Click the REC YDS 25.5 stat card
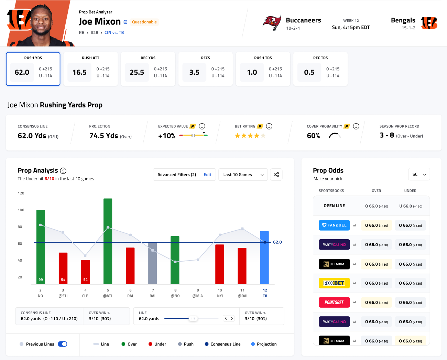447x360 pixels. click(148, 69)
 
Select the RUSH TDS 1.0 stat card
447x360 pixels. click(263, 69)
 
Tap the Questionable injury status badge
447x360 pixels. click(144, 22)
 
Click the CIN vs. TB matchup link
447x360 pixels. click(114, 33)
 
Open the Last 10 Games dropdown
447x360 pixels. click(243, 175)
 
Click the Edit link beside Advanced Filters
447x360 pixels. click(207, 175)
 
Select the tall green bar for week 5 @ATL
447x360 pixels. click(108, 241)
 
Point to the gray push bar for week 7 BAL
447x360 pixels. click(153, 263)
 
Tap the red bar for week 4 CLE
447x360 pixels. click(85, 272)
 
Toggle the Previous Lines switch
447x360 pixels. click(63, 344)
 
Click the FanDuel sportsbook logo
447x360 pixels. click(334, 225)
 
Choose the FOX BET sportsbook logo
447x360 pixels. click(334, 283)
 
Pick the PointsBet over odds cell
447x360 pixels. click(377, 303)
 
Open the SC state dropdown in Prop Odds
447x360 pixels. click(419, 174)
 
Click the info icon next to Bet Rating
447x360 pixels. click(269, 126)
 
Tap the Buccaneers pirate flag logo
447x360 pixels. click(272, 23)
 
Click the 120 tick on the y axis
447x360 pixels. click(21, 193)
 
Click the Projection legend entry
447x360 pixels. click(264, 344)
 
